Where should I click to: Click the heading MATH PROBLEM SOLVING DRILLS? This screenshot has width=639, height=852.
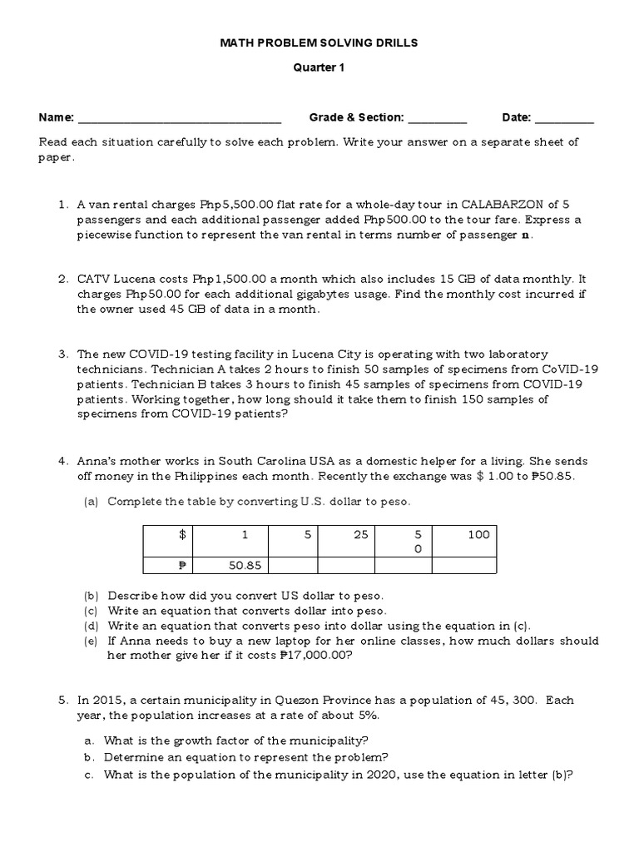319,42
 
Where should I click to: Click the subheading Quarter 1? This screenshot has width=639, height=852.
319,69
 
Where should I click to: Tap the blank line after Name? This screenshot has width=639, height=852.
180,119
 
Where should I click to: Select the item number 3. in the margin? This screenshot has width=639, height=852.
63,354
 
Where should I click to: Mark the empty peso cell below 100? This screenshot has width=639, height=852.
464,566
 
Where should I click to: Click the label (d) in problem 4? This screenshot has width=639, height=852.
90,626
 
